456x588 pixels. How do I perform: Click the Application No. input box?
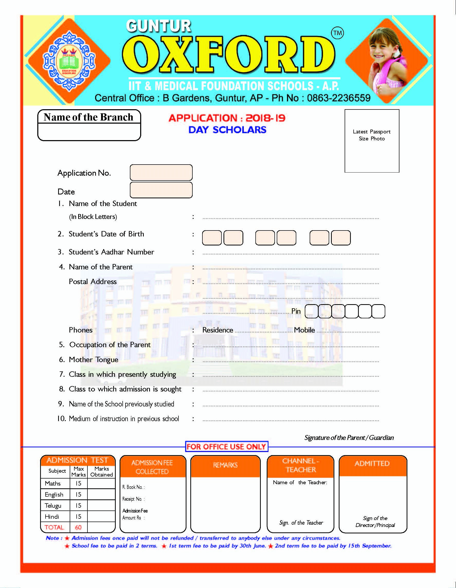pyautogui.click(x=161, y=173)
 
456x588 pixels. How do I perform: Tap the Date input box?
pyautogui.click(x=161, y=190)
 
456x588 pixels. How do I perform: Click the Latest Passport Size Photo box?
pyautogui.click(x=372, y=141)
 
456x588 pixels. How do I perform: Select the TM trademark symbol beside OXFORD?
pyautogui.click(x=337, y=33)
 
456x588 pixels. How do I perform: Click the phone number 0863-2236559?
pyautogui.click(x=339, y=98)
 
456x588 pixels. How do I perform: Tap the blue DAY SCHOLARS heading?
pyautogui.click(x=227, y=130)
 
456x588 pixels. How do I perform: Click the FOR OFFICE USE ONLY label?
pyautogui.click(x=226, y=447)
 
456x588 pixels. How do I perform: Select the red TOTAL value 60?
pyautogui.click(x=78, y=527)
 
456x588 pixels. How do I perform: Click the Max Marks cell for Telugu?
pyautogui.click(x=78, y=505)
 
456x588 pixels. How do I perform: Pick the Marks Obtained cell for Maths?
pyautogui.click(x=101, y=483)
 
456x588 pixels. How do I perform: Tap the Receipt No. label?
pyautogui.click(x=133, y=499)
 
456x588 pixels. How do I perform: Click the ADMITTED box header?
pyautogui.click(x=372, y=463)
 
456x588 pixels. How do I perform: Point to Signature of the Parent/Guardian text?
pyautogui.click(x=349, y=438)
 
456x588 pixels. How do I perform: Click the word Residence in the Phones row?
pyautogui.click(x=218, y=330)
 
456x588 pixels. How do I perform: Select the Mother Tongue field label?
pyautogui.click(x=93, y=360)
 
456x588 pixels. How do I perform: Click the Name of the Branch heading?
pyautogui.click(x=88, y=117)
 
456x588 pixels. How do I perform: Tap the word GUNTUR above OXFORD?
pyautogui.click(x=159, y=26)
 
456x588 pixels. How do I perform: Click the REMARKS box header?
pyautogui.click(x=225, y=465)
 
